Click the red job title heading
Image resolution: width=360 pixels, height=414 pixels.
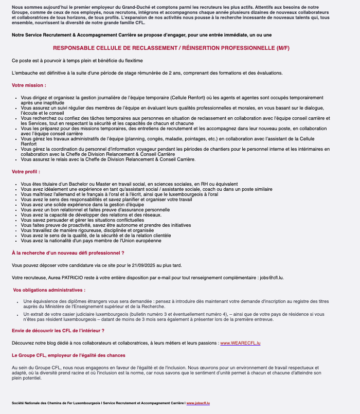coord(171,48)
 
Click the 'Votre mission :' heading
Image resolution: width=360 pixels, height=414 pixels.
coord(29,85)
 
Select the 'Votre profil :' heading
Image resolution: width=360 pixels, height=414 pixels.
coord(26,171)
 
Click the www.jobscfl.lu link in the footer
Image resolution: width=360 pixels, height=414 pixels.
coord(197,403)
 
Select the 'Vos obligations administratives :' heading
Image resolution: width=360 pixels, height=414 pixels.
coord(49,290)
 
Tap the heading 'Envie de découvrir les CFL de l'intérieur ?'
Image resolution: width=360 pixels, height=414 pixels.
coord(58,330)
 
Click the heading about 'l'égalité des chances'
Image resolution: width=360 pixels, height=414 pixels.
coord(68,355)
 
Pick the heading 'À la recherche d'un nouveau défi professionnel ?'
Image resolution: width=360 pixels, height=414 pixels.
coord(68,253)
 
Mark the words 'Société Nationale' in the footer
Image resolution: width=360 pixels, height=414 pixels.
coord(25,403)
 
